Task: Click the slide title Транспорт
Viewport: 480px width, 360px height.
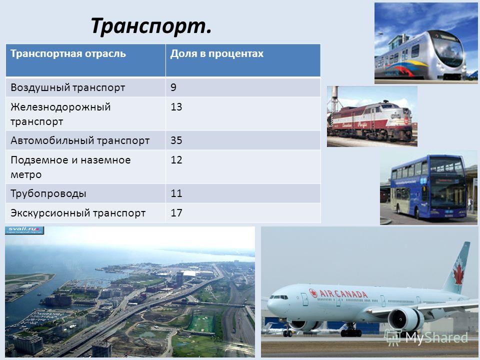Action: pyautogui.click(x=151, y=25)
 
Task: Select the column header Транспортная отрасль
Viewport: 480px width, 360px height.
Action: pyautogui.click(x=68, y=53)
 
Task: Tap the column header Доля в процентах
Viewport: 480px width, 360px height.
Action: pyautogui.click(x=216, y=53)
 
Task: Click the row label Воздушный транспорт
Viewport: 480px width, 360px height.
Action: pyautogui.click(x=67, y=87)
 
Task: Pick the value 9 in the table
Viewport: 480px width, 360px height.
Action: pyautogui.click(x=173, y=87)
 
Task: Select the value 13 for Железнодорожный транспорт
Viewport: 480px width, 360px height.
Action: pyautogui.click(x=176, y=107)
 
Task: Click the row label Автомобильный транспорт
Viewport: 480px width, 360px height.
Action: pyautogui.click(x=80, y=140)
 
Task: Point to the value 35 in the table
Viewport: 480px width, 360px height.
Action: pyautogui.click(x=176, y=140)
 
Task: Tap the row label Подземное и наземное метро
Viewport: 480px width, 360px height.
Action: pyautogui.click(x=70, y=167)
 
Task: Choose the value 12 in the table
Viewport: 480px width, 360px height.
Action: pyautogui.click(x=176, y=160)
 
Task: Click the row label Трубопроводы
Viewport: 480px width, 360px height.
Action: pyautogui.click(x=48, y=194)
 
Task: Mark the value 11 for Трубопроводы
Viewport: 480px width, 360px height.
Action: pyautogui.click(x=176, y=193)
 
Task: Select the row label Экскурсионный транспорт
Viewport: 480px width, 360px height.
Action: pyautogui.click(x=78, y=213)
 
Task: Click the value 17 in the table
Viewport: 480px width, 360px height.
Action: pyautogui.click(x=176, y=213)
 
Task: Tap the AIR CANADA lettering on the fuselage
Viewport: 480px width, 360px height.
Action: pyautogui.click(x=338, y=293)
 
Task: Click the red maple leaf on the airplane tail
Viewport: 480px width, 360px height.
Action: pyautogui.click(x=458, y=274)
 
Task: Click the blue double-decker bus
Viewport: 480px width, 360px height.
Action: pyautogui.click(x=429, y=187)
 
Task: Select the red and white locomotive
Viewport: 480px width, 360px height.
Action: pyautogui.click(x=370, y=121)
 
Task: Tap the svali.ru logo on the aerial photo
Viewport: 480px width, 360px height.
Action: pyautogui.click(x=24, y=230)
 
